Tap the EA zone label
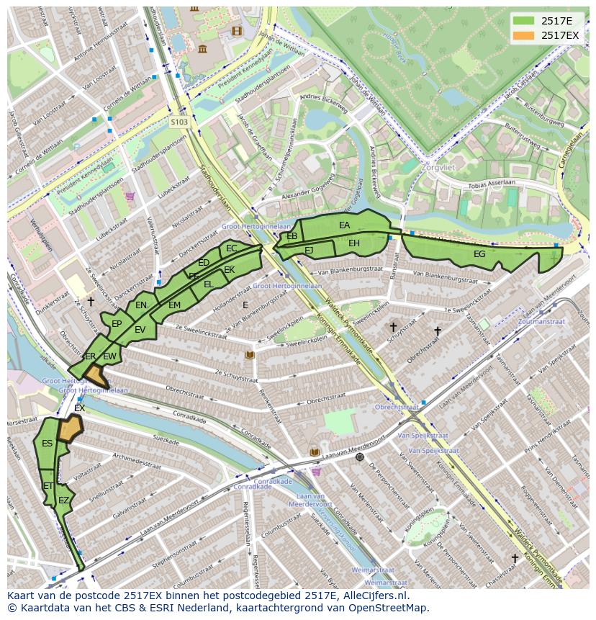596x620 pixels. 344,225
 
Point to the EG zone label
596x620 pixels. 479,253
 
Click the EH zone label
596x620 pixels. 354,243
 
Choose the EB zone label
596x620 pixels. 292,236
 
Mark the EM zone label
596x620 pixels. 174,305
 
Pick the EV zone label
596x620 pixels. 140,330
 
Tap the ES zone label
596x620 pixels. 47,444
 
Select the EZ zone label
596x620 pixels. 64,500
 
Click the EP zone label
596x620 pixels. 117,324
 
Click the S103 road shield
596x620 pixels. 179,122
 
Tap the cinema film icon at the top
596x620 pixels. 237,30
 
